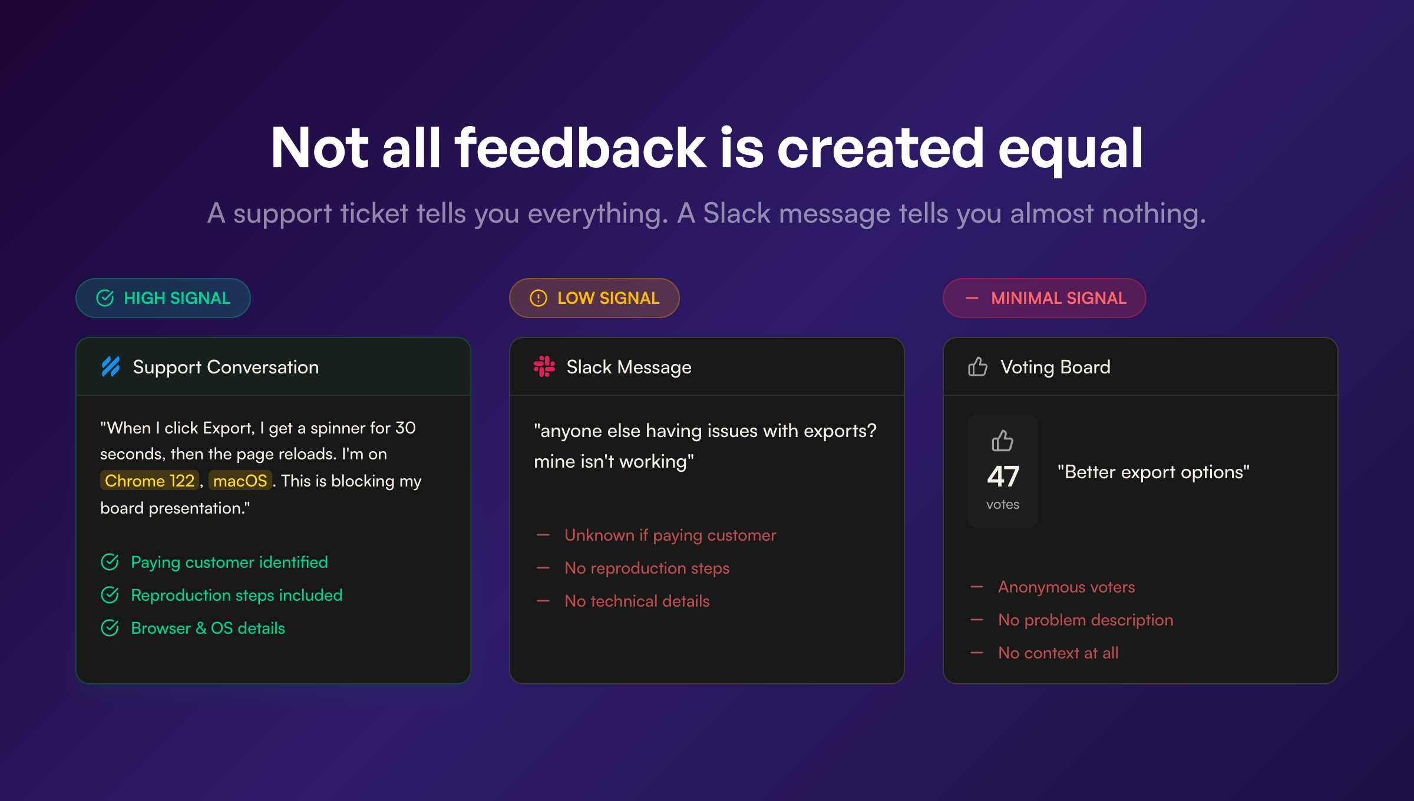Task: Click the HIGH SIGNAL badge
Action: click(163, 298)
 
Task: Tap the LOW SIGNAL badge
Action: click(594, 298)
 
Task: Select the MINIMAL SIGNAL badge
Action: click(1044, 298)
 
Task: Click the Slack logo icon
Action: click(544, 366)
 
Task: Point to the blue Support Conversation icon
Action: click(111, 366)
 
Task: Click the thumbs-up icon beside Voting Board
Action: click(977, 366)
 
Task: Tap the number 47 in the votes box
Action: click(1003, 476)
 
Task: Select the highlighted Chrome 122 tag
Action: click(150, 481)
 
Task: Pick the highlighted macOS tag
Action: click(240, 481)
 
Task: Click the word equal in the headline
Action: click(1070, 148)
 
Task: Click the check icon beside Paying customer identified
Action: click(110, 562)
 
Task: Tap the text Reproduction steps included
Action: click(236, 595)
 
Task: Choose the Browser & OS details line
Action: click(208, 628)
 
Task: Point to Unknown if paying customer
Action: click(670, 535)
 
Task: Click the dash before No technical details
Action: click(543, 601)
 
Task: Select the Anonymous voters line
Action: click(1066, 587)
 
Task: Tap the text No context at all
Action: click(1058, 653)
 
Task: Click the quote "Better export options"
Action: click(1153, 472)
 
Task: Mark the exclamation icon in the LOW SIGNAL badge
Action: click(538, 298)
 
